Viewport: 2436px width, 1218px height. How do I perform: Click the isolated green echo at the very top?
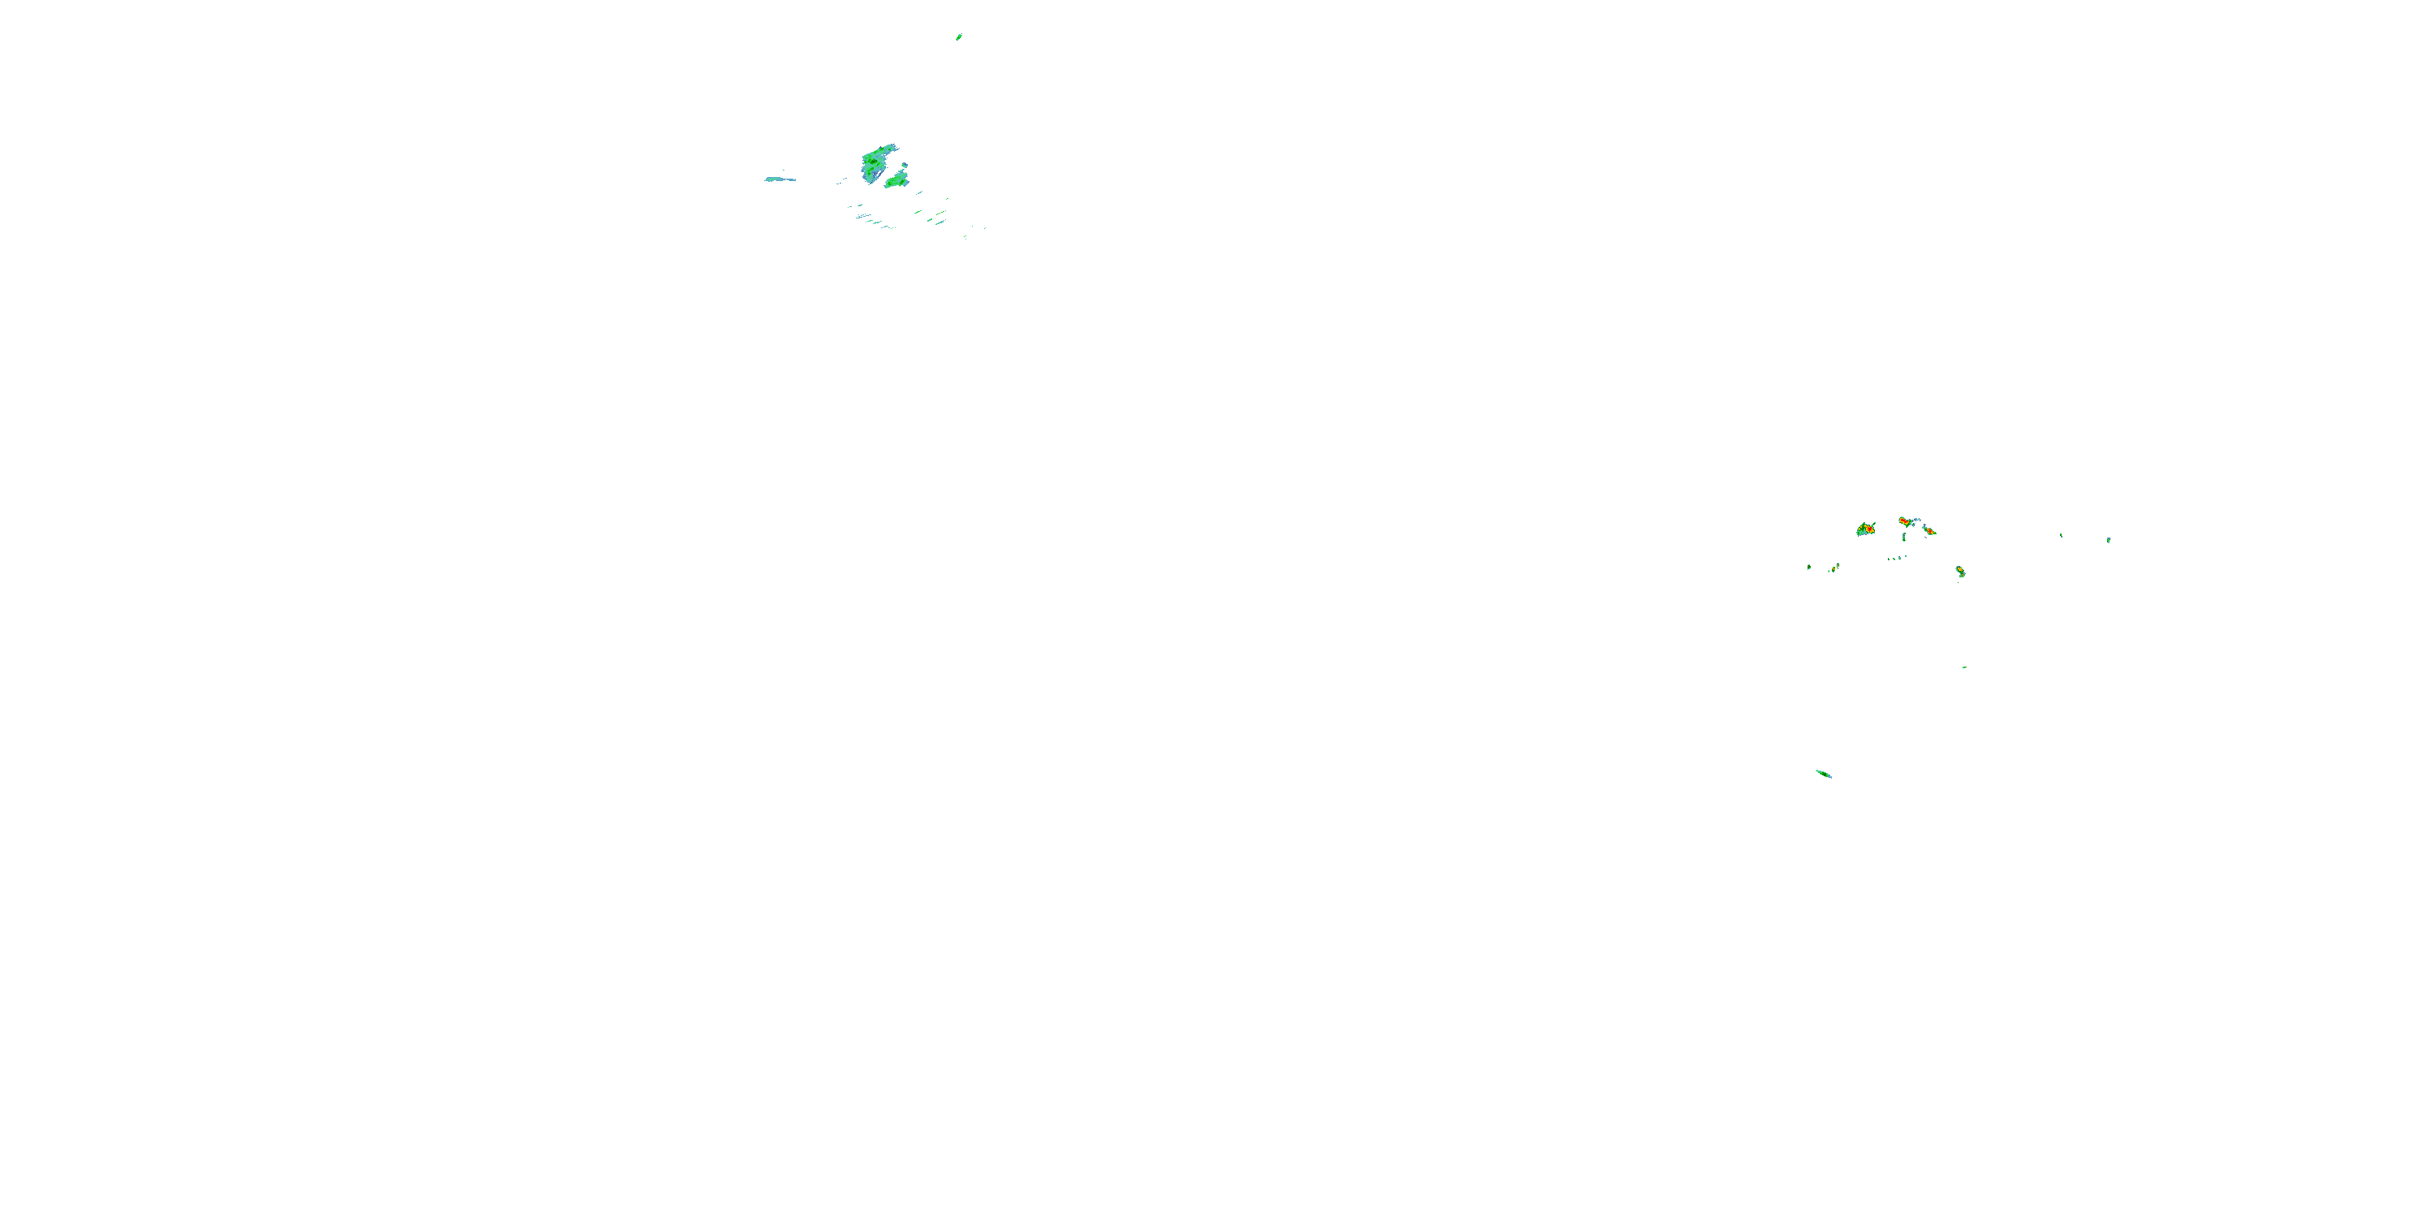[958, 37]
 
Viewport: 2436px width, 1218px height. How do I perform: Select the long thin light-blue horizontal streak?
[780, 179]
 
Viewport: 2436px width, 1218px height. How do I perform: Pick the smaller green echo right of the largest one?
[896, 179]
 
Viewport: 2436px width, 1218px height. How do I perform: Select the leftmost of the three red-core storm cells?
[1866, 529]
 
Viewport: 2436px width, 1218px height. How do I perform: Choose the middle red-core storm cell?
[1906, 521]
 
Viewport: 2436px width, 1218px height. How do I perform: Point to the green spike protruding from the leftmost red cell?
[1873, 523]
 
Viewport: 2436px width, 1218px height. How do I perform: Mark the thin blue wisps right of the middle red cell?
[1917, 521]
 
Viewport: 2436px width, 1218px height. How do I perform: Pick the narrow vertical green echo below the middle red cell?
[1903, 537]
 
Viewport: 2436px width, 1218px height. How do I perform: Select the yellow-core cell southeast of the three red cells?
[1960, 571]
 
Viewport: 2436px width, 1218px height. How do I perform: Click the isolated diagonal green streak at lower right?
[1823, 774]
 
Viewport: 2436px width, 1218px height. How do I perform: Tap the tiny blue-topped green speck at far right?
[2108, 540]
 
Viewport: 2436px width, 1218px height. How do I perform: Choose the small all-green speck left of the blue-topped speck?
[2062, 535]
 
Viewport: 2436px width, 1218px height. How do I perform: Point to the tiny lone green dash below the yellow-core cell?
[1964, 667]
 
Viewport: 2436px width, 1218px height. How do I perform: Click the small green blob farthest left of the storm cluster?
[1809, 568]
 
